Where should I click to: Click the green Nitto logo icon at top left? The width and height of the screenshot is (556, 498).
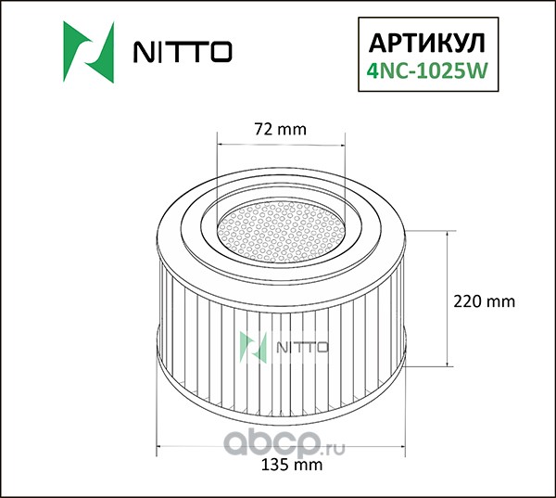tap(89, 52)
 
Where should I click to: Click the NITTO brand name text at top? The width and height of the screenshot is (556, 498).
tap(183, 52)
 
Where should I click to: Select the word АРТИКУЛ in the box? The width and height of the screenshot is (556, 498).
tap(427, 44)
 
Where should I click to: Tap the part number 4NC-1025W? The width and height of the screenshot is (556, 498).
tap(427, 70)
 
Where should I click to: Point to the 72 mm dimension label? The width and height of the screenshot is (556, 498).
tap(280, 130)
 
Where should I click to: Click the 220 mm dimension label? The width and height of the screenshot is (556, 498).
tap(485, 301)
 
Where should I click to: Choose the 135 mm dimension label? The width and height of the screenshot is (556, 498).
tap(292, 465)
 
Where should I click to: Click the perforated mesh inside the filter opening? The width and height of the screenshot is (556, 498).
tap(281, 232)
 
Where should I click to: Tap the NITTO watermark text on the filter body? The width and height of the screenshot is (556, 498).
tap(302, 348)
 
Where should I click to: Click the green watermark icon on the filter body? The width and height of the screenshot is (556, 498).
tap(253, 347)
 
